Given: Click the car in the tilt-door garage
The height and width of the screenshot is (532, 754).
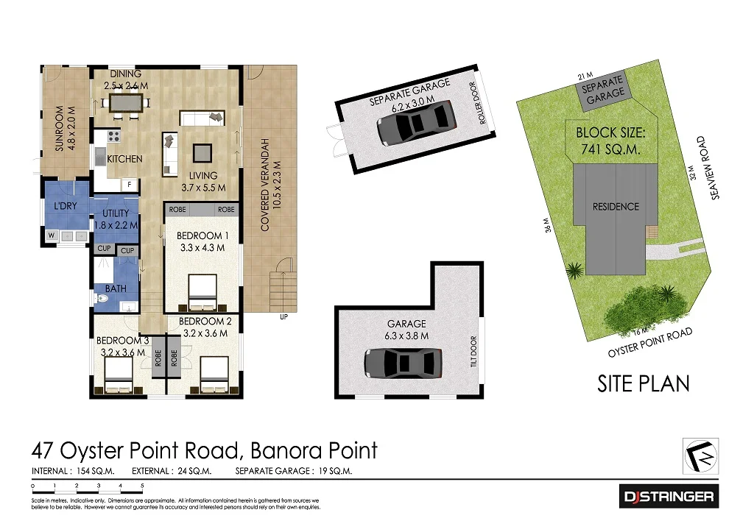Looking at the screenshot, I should click(x=404, y=362).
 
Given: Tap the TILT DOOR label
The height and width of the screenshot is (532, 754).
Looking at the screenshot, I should click(x=473, y=352).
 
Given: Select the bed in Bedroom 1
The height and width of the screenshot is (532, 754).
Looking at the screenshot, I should click(x=202, y=293).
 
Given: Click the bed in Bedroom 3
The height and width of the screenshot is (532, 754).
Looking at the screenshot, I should click(x=118, y=376).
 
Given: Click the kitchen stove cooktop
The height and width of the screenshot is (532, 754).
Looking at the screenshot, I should click(x=114, y=136).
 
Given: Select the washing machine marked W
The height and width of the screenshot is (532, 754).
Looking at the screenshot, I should click(x=52, y=236).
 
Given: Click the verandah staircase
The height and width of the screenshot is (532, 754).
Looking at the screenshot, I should click(x=283, y=291).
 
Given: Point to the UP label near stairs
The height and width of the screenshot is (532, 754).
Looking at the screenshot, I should click(x=283, y=317).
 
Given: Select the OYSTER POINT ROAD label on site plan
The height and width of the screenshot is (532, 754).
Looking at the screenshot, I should click(x=649, y=343).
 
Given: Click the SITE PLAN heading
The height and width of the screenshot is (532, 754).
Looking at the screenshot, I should click(x=644, y=383).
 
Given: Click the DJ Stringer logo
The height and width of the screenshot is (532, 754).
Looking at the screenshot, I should click(x=669, y=497).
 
